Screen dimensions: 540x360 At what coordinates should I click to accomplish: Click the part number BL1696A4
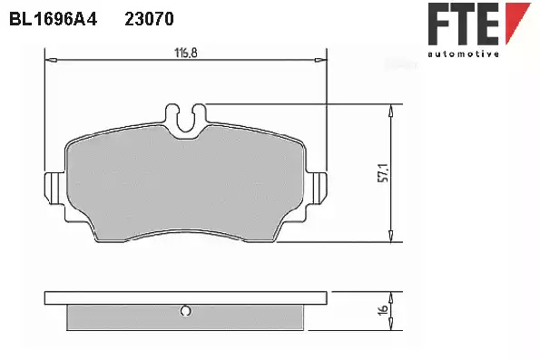(53, 19)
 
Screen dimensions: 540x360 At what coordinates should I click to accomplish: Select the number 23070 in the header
(149, 19)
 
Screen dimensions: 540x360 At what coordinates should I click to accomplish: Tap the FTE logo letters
(464, 24)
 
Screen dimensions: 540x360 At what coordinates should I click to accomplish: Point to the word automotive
(464, 54)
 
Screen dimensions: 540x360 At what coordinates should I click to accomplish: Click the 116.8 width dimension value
(186, 53)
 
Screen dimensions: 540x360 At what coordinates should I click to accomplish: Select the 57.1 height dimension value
(384, 173)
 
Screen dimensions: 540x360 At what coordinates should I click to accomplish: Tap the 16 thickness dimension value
(383, 309)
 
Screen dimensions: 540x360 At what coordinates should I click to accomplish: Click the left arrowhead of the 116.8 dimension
(51, 61)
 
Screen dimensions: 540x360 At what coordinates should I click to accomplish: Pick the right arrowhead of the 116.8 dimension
(321, 61)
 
